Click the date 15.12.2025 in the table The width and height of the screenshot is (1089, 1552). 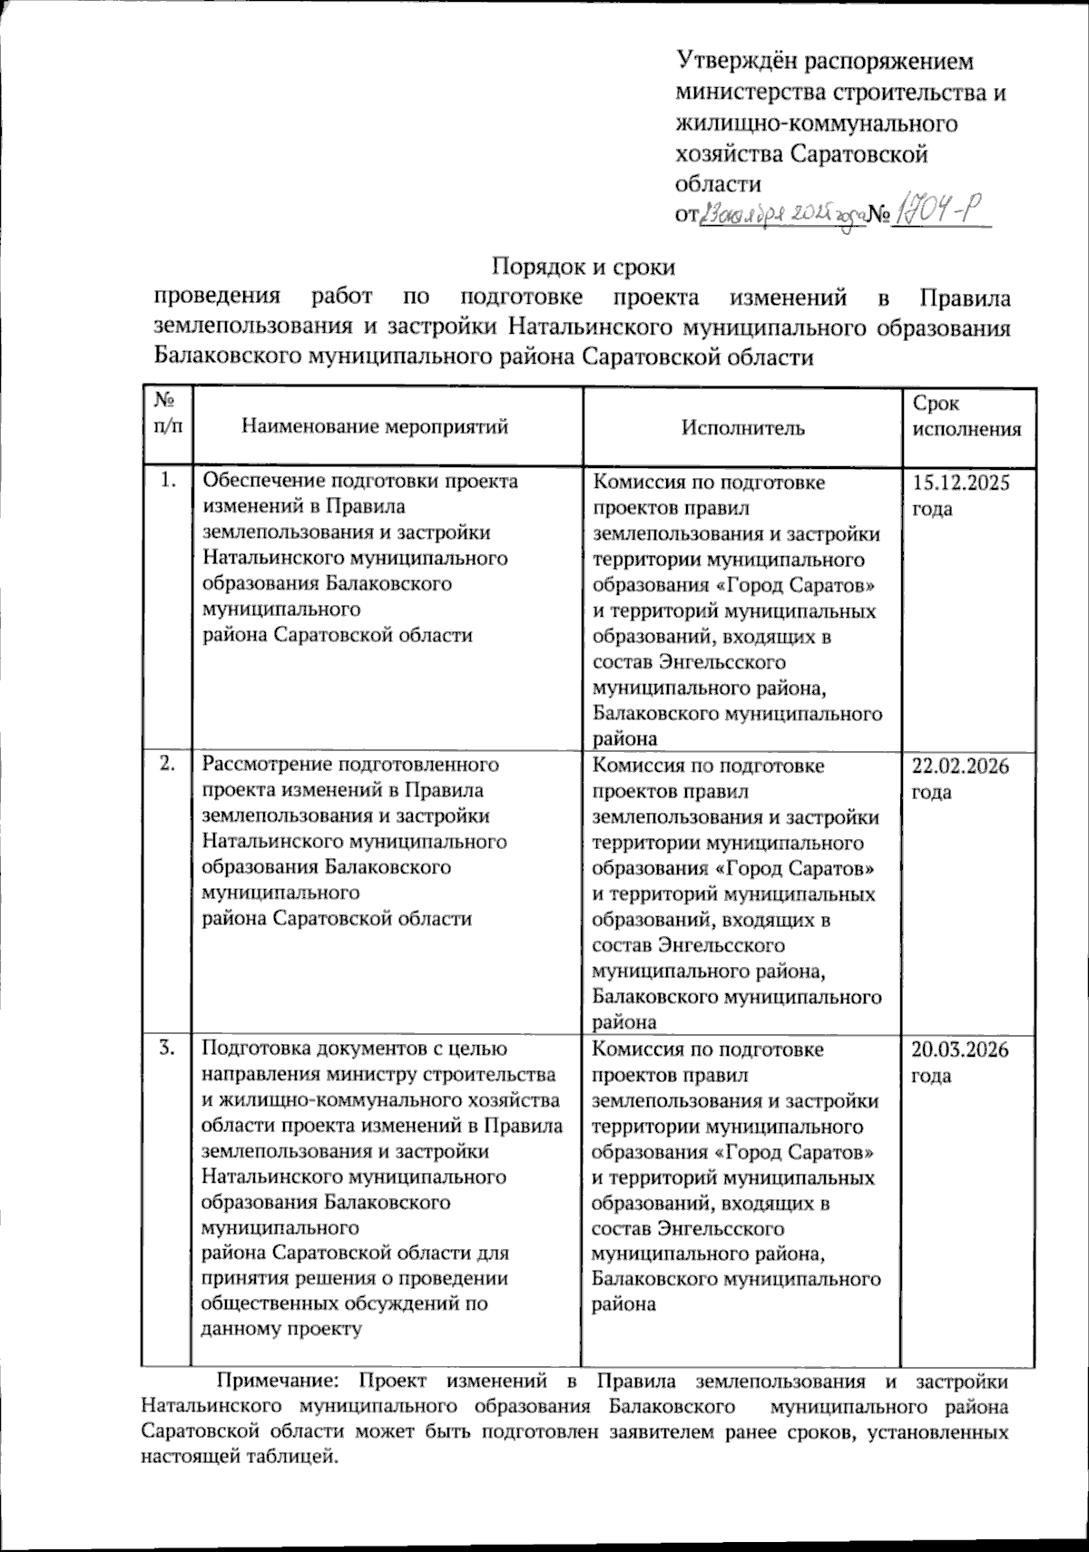click(961, 483)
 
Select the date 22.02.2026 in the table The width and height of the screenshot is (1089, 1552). click(961, 766)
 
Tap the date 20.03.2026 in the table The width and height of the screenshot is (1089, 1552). click(961, 1050)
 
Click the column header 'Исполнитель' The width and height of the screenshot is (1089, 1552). click(743, 428)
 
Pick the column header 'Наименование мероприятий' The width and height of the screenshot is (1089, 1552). click(375, 427)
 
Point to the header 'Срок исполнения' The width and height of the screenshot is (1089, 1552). click(966, 416)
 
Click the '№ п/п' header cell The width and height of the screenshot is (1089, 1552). click(168, 415)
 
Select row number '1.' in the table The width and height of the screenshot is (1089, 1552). click(168, 482)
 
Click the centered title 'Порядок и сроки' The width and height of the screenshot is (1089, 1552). click(584, 268)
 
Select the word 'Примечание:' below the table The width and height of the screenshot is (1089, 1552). click(277, 1382)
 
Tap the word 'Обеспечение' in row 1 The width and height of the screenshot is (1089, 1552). click(260, 482)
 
